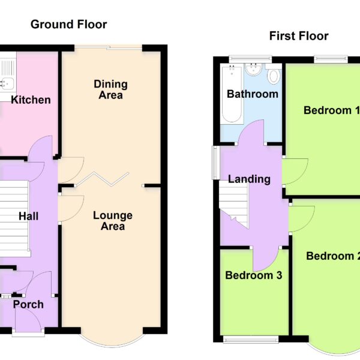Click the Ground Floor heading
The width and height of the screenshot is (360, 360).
[68, 25]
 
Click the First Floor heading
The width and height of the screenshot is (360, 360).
[299, 36]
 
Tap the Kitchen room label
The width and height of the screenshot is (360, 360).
[31, 100]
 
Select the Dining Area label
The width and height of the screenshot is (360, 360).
[110, 89]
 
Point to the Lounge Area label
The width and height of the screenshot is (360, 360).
[113, 221]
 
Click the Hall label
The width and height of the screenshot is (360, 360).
[28, 216]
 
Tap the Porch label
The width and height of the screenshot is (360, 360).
[28, 304]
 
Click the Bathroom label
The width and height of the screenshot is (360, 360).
[253, 94]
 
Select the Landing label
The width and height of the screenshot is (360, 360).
[249, 179]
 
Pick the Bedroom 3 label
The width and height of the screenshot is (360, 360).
[253, 275]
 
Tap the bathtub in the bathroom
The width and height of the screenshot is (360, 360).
[232, 94]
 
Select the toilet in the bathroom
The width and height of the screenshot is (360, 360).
[274, 75]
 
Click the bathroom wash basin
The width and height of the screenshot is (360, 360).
[253, 70]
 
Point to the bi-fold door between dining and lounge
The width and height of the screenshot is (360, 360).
[103, 179]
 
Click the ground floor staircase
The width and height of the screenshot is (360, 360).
[14, 218]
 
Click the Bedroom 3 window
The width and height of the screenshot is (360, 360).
[251, 339]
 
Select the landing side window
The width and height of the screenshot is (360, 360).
[215, 163]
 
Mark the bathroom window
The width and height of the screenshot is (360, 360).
[250, 59]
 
